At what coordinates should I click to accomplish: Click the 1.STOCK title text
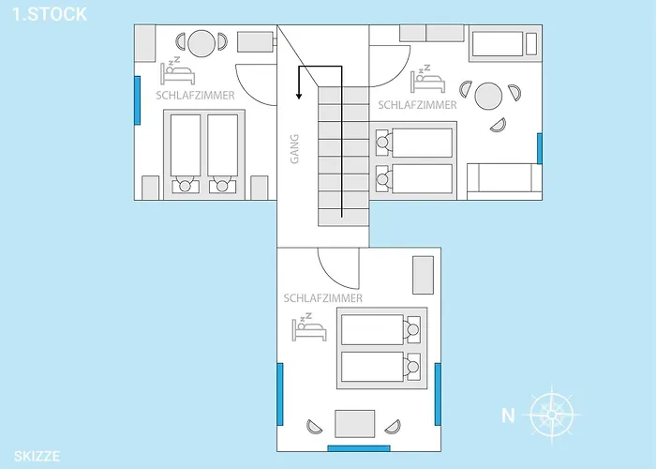[x=50, y=14]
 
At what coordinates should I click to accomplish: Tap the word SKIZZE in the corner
[x=37, y=456]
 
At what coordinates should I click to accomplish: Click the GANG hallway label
[x=295, y=148]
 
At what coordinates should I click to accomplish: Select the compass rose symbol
[x=552, y=415]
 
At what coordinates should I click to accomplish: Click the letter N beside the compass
[x=508, y=416]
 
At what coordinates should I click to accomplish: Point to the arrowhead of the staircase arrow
[x=299, y=96]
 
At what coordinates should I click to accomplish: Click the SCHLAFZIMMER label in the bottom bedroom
[x=323, y=298]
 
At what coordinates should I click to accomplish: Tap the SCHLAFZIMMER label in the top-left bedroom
[x=195, y=96]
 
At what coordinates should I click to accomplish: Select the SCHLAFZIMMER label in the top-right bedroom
[x=418, y=105]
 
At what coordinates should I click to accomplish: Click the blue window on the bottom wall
[x=359, y=448]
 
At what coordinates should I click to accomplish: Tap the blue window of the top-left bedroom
[x=137, y=100]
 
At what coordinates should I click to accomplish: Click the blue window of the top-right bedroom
[x=540, y=148]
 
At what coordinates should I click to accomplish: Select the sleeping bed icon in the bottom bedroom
[x=309, y=326]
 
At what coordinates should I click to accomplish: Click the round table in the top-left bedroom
[x=201, y=43]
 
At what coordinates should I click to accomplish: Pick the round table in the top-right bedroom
[x=488, y=97]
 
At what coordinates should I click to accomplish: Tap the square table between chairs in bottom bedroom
[x=355, y=424]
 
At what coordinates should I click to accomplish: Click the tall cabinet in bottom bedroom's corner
[x=423, y=275]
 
